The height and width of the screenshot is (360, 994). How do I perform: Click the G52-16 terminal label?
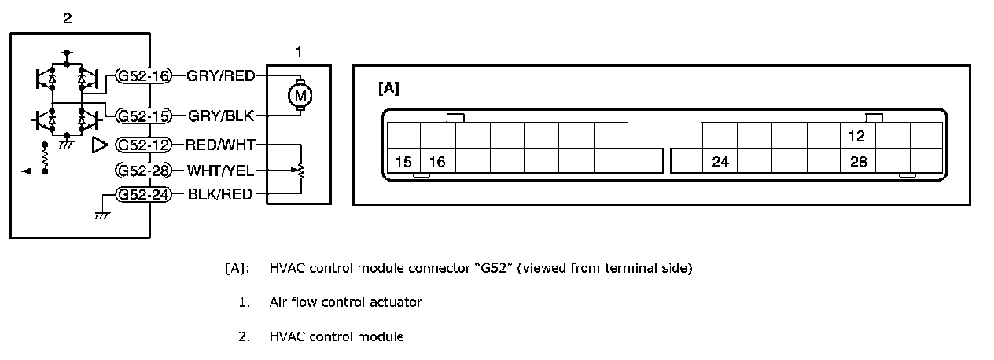[x=144, y=75]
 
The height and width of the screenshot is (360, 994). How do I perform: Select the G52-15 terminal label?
[x=144, y=116]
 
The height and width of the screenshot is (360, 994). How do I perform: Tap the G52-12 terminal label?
[x=144, y=145]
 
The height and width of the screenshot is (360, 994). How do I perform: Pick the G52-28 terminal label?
[x=144, y=169]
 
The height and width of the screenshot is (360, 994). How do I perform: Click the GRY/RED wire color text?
[x=221, y=75]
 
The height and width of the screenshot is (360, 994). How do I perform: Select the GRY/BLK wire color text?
[x=221, y=116]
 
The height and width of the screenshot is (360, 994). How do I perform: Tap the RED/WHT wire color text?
[x=221, y=145]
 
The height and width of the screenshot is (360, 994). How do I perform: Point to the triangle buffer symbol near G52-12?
[x=100, y=145]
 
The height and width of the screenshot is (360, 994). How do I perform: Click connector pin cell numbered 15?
[x=403, y=162]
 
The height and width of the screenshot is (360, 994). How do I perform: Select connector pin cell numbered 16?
[x=438, y=162]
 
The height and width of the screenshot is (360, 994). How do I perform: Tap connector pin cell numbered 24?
[x=720, y=162]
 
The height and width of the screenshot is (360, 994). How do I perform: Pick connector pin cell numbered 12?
[x=858, y=136]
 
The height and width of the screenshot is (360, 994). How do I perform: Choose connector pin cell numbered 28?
[x=858, y=162]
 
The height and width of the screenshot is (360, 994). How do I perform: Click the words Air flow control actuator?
[x=345, y=302]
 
